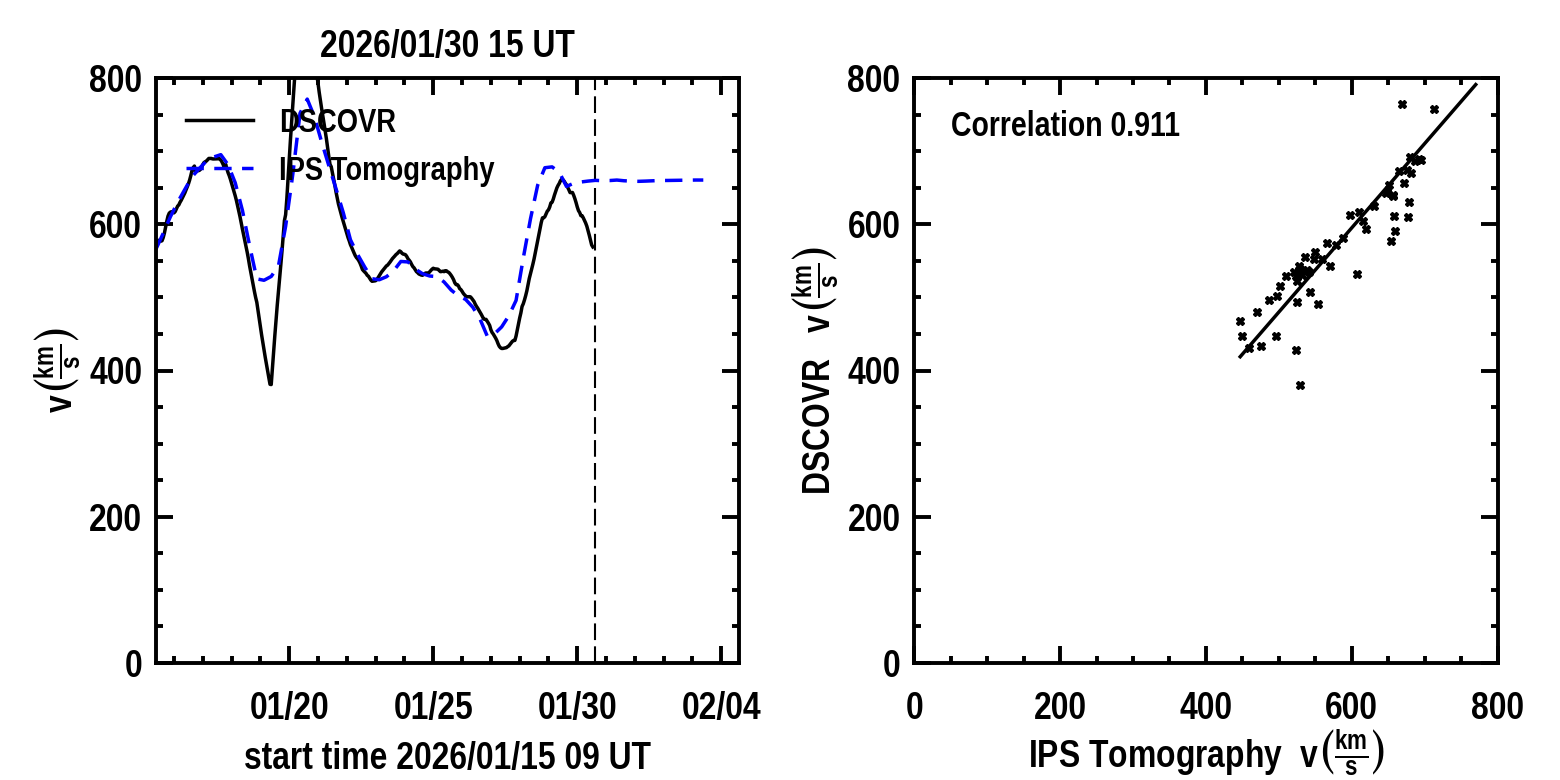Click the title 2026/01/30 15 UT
[x=447, y=45]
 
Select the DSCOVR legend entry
[x=338, y=122]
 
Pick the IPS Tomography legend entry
[x=386, y=170]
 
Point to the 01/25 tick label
[x=433, y=707]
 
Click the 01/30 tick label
[x=577, y=707]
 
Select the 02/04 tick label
[x=721, y=707]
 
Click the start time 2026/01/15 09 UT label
[x=447, y=756]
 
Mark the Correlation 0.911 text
[x=1065, y=126]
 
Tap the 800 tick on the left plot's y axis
[x=116, y=80]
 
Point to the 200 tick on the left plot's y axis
[x=116, y=518]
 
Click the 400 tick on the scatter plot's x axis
[x=1205, y=707]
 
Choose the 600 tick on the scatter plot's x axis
[x=1351, y=707]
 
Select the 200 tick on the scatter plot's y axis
[x=874, y=518]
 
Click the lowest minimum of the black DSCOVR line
[x=270, y=384]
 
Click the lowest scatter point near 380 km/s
[x=1300, y=385]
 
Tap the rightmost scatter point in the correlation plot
[x=1434, y=109]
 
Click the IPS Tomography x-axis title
[x=1205, y=754]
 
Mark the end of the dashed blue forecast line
[x=705, y=180]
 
